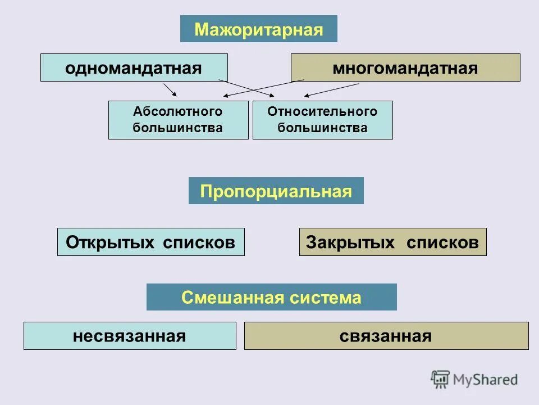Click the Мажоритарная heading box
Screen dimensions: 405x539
259,29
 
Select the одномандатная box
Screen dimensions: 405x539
134,68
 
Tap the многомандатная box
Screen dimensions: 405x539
405,68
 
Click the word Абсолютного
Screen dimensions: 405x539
178,112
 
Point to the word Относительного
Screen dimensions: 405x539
322,112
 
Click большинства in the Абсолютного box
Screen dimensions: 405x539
178,128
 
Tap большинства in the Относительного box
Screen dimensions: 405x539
322,128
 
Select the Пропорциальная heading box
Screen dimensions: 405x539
276,191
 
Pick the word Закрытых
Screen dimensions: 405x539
343,242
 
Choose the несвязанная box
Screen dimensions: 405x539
130,336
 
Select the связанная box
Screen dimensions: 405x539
386,336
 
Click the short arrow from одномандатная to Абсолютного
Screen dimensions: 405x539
170,90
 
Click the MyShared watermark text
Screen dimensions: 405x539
484,380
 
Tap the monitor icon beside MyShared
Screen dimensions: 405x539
440,380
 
